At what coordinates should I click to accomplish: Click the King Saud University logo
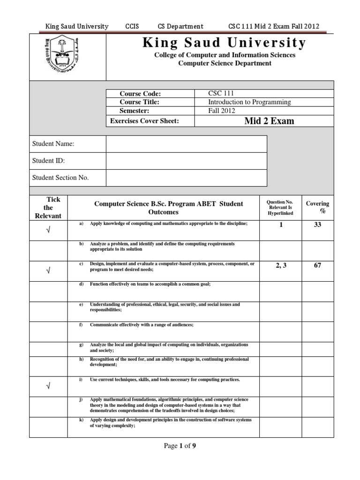pos(67,57)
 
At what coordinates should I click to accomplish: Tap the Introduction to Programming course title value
pos(249,102)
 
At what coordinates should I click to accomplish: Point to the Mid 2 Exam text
pos(269,121)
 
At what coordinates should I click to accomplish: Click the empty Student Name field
pos(186,144)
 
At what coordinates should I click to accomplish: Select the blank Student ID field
pos(186,161)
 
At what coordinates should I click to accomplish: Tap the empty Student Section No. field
pos(186,178)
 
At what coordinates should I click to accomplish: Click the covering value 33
pos(317,225)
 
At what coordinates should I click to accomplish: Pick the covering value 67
pos(317,265)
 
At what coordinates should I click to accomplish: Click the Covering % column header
pos(317,207)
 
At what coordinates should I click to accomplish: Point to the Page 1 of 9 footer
pos(180,446)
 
